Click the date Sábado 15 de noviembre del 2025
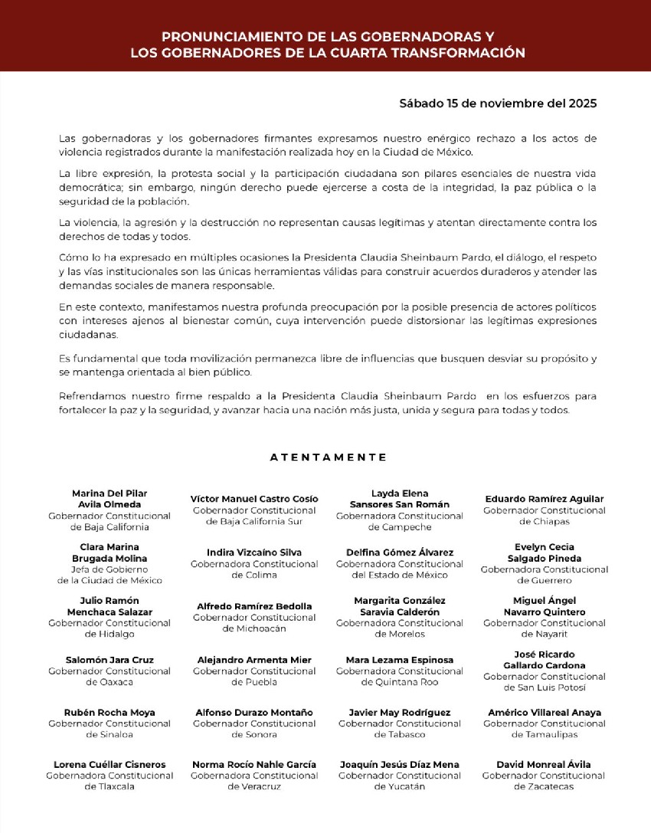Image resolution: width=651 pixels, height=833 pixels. (x=498, y=103)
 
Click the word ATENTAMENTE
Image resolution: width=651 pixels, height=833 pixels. (x=328, y=457)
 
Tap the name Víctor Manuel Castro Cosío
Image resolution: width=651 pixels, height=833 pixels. (x=254, y=499)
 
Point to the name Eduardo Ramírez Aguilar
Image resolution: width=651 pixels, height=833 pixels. (x=544, y=499)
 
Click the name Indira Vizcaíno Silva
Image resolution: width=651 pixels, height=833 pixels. (x=254, y=553)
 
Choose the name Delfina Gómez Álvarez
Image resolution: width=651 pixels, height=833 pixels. (x=399, y=553)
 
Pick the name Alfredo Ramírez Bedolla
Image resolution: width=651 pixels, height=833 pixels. (x=254, y=606)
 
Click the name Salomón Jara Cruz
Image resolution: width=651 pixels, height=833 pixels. (x=110, y=660)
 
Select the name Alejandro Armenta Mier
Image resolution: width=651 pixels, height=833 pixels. (x=254, y=660)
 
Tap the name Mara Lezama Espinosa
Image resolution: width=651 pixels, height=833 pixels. (x=399, y=660)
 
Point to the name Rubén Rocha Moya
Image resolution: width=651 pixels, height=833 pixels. (x=110, y=713)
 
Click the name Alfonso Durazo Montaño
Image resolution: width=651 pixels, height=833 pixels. (x=254, y=713)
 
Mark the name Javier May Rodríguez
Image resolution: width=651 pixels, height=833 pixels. (x=399, y=713)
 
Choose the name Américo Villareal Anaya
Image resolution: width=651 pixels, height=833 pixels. (x=544, y=713)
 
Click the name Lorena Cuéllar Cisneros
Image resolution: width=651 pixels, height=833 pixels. (x=110, y=765)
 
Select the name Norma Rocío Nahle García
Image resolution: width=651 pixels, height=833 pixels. (x=254, y=765)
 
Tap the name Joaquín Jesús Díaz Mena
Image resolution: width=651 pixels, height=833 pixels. (x=399, y=765)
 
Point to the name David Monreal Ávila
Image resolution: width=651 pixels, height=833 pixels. (x=544, y=765)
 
